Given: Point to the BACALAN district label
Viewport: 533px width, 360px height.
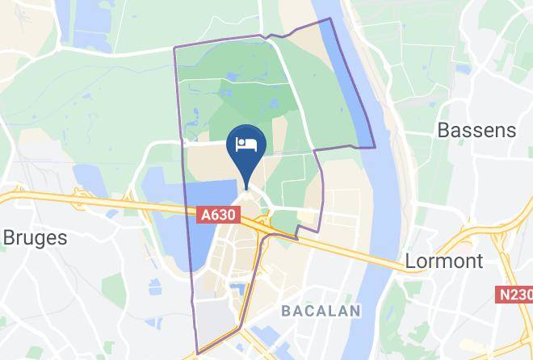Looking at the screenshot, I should tap(321, 311).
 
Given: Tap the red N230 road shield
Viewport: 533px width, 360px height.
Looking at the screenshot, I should tap(513, 295).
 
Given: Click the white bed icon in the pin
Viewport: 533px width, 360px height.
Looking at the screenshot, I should tap(246, 144).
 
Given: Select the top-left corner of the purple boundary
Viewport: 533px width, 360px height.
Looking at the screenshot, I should tap(174, 48).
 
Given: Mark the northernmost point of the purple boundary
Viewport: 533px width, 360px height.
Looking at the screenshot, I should tap(329, 19).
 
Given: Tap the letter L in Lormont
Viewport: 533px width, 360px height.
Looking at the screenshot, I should tap(409, 262).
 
